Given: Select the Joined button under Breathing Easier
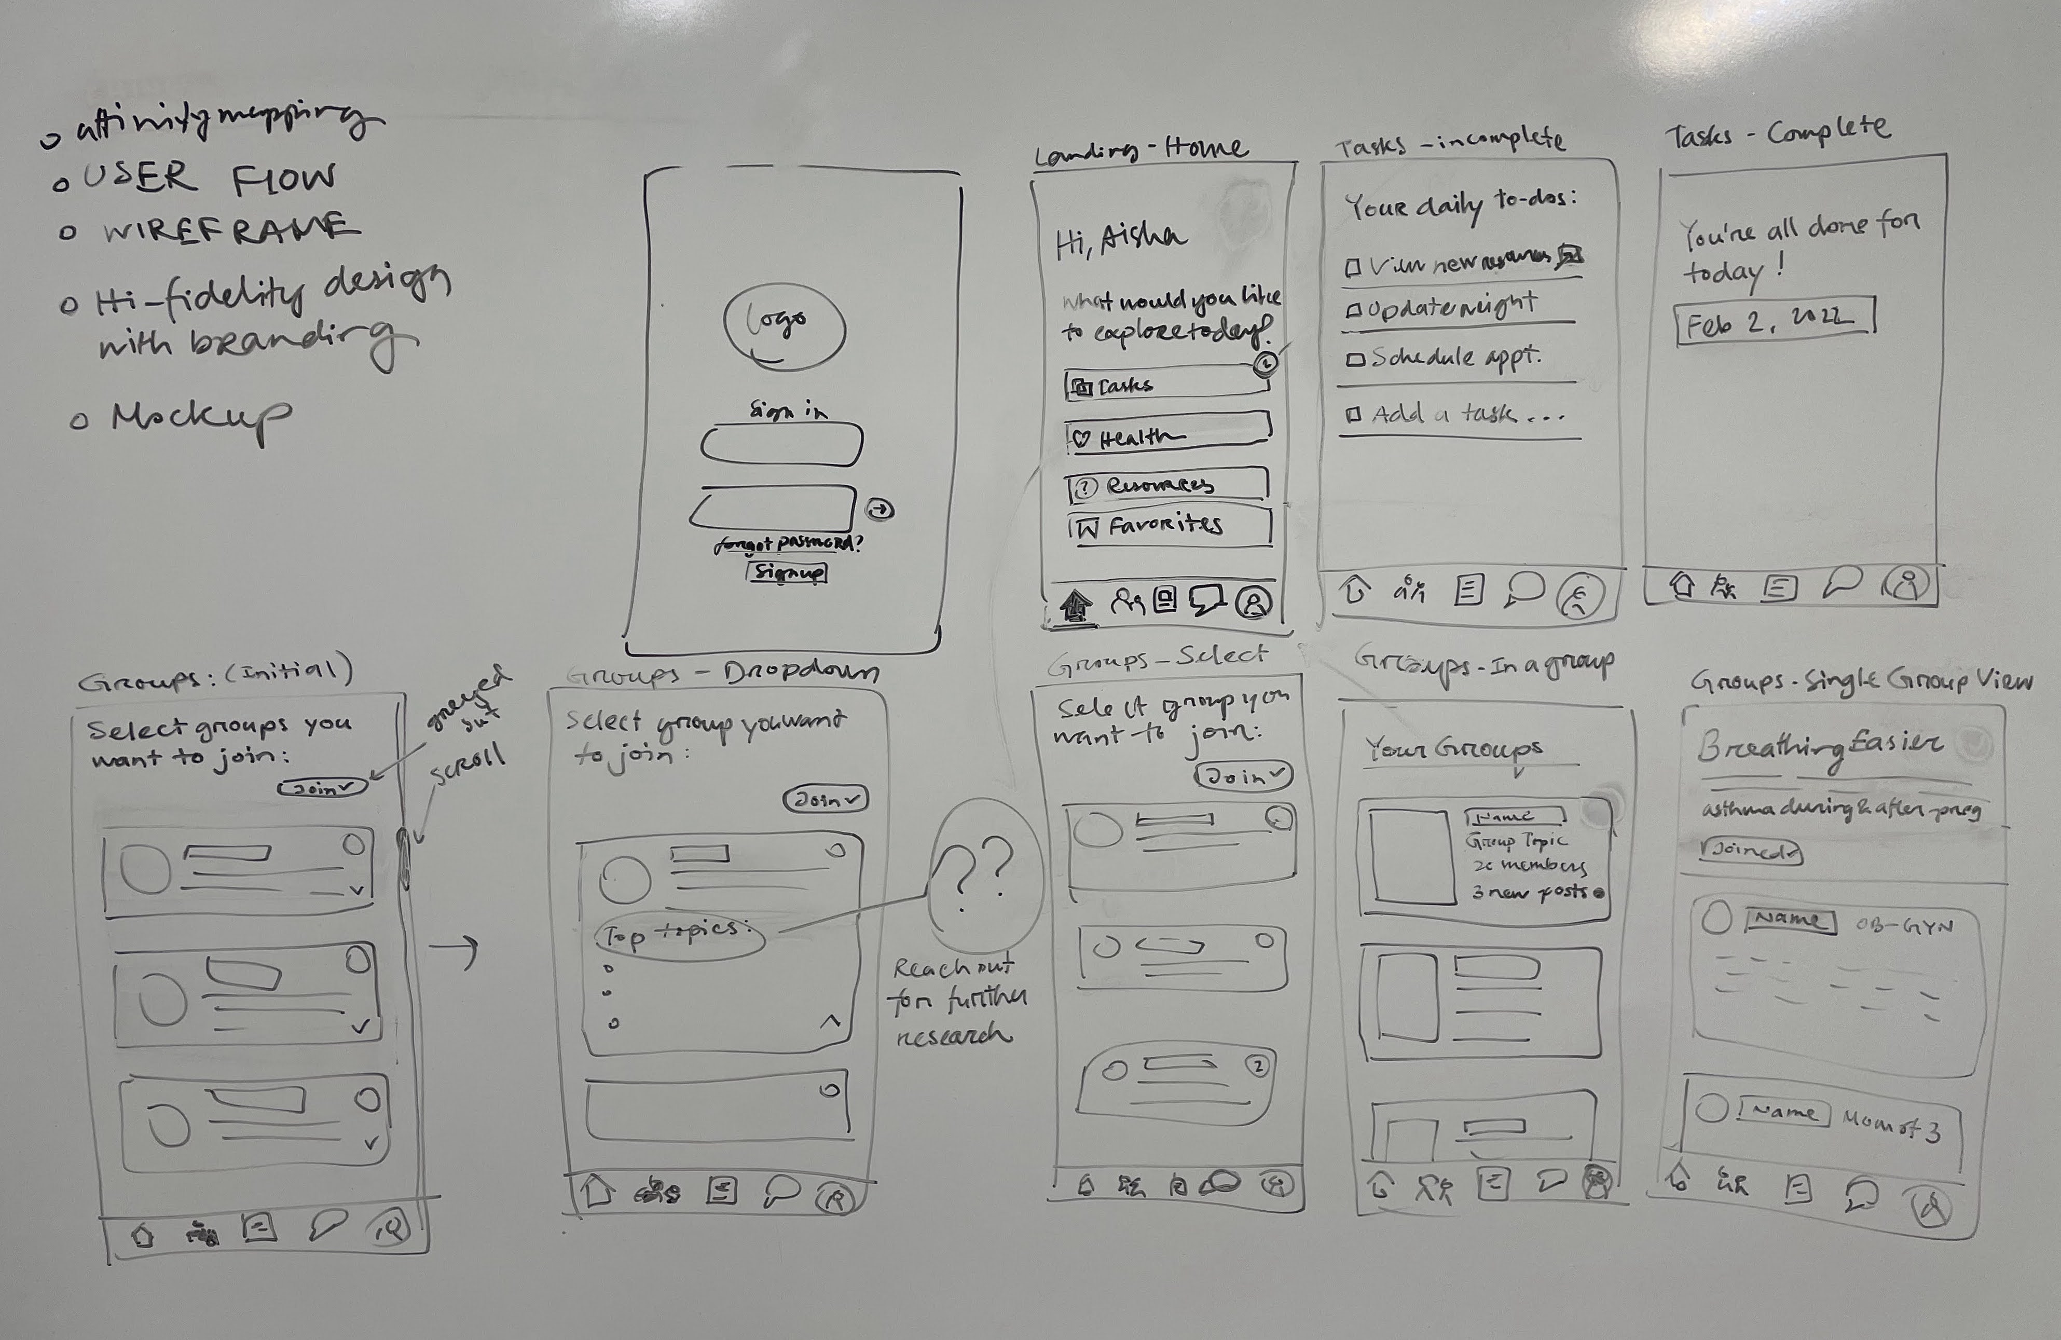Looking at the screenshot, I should (1751, 852).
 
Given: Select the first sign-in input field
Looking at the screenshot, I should (781, 445).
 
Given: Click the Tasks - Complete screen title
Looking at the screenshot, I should (1777, 132).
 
